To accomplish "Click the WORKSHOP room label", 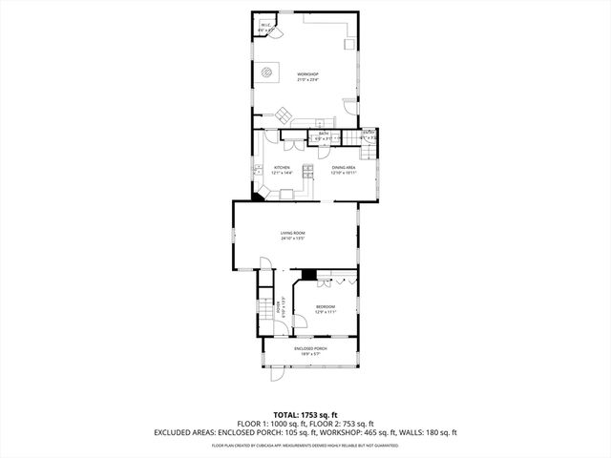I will click(306, 74).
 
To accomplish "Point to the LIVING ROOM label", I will click(292, 232).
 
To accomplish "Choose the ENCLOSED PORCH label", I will click(311, 348).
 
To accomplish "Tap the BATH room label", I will click(324, 134).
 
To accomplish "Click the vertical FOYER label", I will click(279, 306).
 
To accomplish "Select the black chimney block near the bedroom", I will click(307, 274).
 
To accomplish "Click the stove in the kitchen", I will click(308, 172).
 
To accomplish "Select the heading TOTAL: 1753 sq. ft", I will click(305, 415).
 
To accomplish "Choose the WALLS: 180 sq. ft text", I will click(430, 432).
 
